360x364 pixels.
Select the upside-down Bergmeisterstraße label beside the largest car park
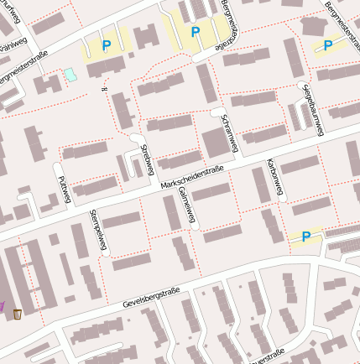pyautogui.click(x=231, y=25)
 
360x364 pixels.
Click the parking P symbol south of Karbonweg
pyautogui.click(x=305, y=237)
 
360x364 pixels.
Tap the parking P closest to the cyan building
pyautogui.click(x=106, y=45)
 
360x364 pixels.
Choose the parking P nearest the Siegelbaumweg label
pyautogui.click(x=328, y=45)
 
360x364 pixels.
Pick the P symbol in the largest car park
pyautogui.click(x=196, y=32)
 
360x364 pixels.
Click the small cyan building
pyautogui.click(x=70, y=75)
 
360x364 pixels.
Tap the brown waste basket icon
pyautogui.click(x=18, y=314)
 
